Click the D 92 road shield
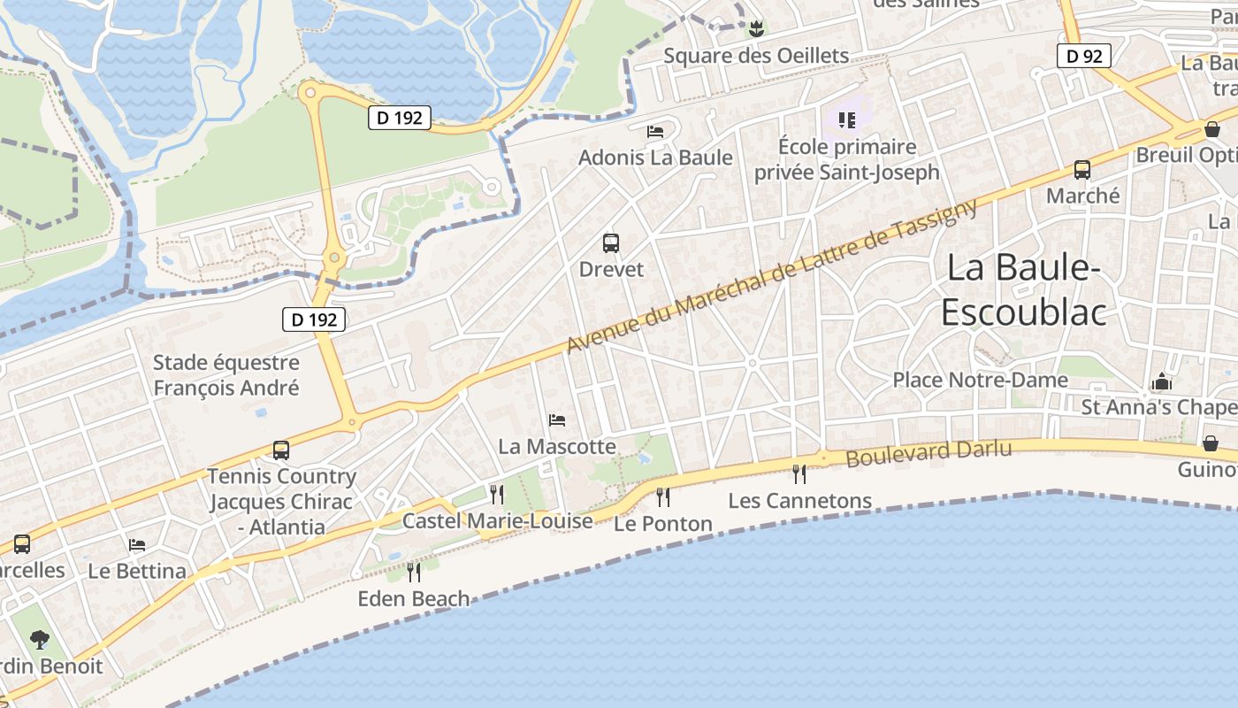[1084, 56]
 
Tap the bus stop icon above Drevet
[610, 242]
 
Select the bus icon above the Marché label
[1081, 169]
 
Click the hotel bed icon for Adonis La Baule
[655, 131]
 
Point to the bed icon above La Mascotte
[556, 419]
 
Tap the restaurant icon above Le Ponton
[662, 496]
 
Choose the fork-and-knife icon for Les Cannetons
[799, 473]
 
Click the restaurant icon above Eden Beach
[413, 572]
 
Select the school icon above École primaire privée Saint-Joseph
[846, 119]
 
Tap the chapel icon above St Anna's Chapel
[1161, 381]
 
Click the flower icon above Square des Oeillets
[755, 29]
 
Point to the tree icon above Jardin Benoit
[39, 638]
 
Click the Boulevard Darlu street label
[928, 453]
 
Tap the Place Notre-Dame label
[980, 380]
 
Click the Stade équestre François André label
[226, 375]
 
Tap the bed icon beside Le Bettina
[136, 544]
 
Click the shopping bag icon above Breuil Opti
[1211, 129]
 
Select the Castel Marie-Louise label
[497, 521]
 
